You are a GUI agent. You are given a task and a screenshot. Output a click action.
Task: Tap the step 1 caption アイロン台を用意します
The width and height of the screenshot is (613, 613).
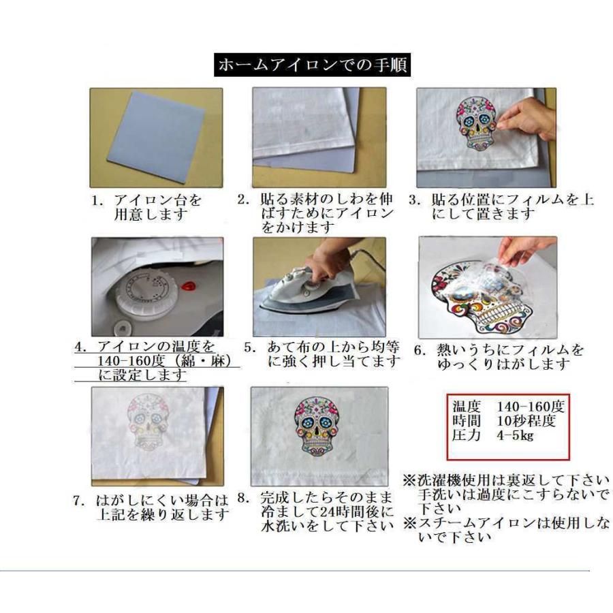[148, 208]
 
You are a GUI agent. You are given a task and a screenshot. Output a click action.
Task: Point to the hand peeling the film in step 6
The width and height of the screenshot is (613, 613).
[524, 251]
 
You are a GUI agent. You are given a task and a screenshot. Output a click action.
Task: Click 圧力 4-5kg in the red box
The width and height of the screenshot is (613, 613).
[494, 435]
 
